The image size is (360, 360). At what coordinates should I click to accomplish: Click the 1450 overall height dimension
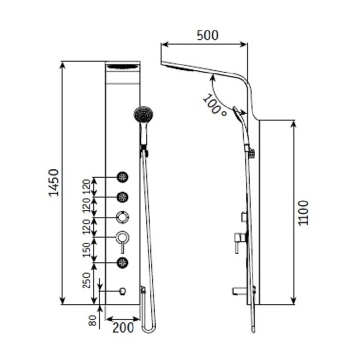pos(54,183)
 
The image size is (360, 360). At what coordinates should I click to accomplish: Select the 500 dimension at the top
pos(207,35)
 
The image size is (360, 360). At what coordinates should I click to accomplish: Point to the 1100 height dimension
pos(304,212)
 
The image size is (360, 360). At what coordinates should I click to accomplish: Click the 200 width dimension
pos(123,328)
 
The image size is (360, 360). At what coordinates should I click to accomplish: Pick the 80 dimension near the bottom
pos(93,320)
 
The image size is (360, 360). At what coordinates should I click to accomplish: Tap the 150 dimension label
pos(87,248)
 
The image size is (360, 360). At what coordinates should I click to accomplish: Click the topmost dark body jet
pos(122,177)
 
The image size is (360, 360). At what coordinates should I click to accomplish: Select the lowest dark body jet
pos(122,262)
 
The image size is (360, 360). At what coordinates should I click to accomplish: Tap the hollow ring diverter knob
pos(122,218)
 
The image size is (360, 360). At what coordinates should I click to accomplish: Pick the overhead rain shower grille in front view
pos(123,67)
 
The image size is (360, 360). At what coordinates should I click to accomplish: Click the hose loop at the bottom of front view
pos(148,328)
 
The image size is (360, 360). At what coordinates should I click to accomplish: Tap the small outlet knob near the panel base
pos(122,292)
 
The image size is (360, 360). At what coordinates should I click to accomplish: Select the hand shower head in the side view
pos(238,115)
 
